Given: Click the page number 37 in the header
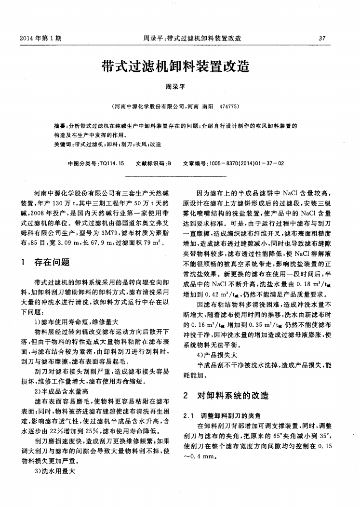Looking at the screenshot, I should pos(322,38).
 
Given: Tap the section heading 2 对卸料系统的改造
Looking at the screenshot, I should pos(227,396).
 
